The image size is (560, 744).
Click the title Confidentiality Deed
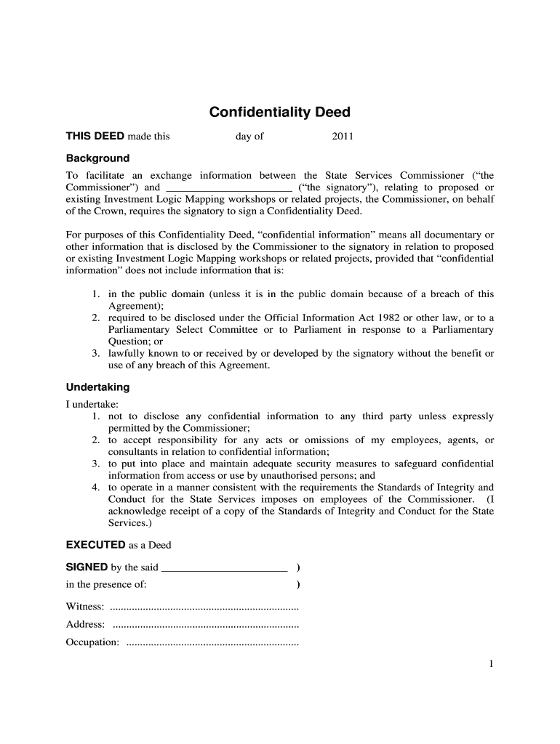click(x=279, y=112)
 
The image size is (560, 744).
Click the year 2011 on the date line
click(x=343, y=136)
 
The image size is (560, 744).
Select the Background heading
click(x=97, y=158)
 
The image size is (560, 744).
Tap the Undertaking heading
click(x=97, y=387)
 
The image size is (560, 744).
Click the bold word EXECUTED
click(x=95, y=545)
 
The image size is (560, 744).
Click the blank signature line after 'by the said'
click(x=223, y=568)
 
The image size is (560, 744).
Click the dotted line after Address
click(x=206, y=624)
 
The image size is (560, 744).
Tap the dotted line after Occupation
click(x=212, y=642)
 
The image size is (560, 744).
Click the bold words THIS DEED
click(x=95, y=136)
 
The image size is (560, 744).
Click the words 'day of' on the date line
click(x=249, y=136)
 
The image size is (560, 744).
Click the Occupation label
click(x=92, y=642)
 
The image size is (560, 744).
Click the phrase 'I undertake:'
click(x=92, y=404)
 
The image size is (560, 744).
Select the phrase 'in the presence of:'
click(x=106, y=584)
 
